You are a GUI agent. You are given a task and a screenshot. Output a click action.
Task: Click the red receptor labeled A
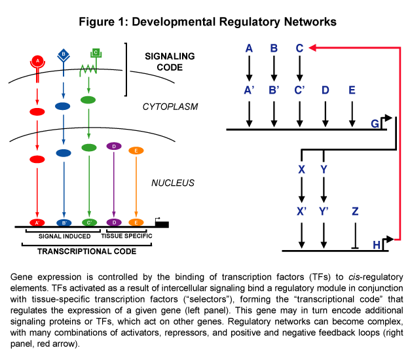pyautogui.click(x=38, y=61)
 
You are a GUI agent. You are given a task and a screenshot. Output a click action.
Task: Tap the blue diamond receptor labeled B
pyautogui.click(x=64, y=55)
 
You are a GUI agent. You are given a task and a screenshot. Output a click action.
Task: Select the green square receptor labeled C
pyautogui.click(x=96, y=52)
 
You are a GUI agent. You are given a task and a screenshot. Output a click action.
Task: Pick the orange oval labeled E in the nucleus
pyautogui.click(x=136, y=151)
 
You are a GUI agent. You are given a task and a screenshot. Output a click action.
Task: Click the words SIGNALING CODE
pyautogui.click(x=169, y=62)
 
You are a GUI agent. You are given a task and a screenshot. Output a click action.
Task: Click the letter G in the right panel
pyautogui.click(x=375, y=123)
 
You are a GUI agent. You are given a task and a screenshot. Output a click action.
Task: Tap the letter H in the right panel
pyautogui.click(x=377, y=245)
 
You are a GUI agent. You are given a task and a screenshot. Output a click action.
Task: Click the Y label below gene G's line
pyautogui.click(x=324, y=169)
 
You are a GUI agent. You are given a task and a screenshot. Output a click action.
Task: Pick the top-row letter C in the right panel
pyautogui.click(x=299, y=48)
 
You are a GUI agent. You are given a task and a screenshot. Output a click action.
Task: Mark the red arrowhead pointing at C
pyautogui.click(x=312, y=48)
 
